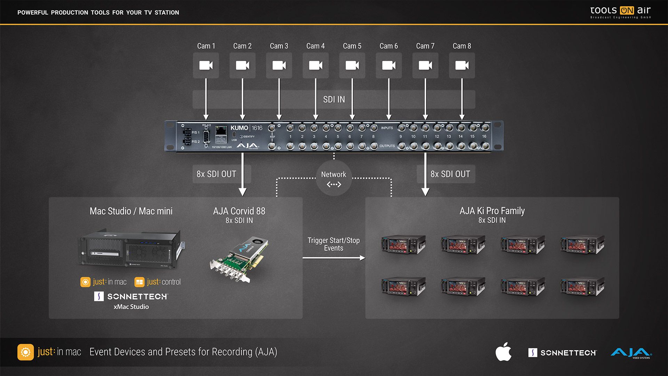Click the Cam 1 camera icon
click(206, 65)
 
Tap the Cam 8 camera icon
click(462, 65)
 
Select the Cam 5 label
click(352, 46)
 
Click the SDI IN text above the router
click(334, 100)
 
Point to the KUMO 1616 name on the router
click(246, 128)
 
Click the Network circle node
click(334, 178)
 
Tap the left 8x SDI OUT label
click(216, 174)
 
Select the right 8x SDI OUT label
click(450, 174)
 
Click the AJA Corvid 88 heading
click(239, 211)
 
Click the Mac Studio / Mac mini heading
click(131, 211)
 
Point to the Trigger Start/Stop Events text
click(334, 244)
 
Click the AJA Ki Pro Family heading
click(492, 211)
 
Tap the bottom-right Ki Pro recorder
click(582, 287)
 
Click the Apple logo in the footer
click(503, 352)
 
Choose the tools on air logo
click(620, 12)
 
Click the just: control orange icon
click(140, 282)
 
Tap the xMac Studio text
click(131, 307)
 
